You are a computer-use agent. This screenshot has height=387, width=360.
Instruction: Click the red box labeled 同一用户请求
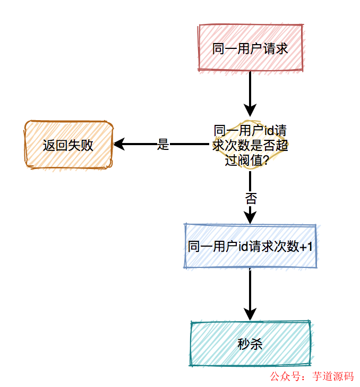tap(250, 48)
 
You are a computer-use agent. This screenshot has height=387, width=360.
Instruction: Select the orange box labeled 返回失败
tap(68, 145)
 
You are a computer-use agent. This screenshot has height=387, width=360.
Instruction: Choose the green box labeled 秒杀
tap(250, 343)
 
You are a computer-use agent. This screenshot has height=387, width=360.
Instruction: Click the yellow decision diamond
tap(250, 145)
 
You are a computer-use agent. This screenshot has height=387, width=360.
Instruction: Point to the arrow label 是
tap(163, 144)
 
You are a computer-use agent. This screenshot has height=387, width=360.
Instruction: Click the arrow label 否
tap(251, 199)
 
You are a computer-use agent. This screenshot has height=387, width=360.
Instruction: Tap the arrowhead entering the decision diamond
tap(250, 114)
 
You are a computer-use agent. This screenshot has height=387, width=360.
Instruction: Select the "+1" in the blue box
tap(306, 247)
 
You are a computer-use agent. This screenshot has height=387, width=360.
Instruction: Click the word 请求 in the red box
tap(276, 48)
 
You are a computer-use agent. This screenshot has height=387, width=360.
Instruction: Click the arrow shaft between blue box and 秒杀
tap(250, 290)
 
